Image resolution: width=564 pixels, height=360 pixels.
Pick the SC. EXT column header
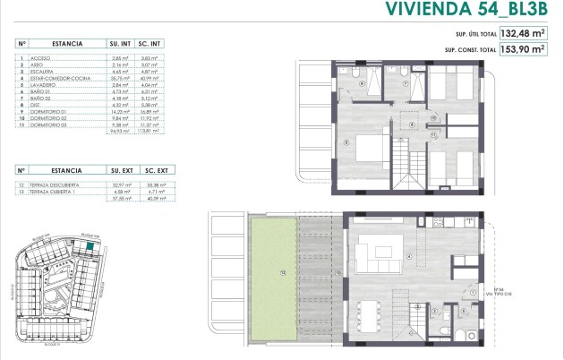coord(157,169)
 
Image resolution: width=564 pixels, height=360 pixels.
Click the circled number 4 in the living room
coord(411,255)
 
